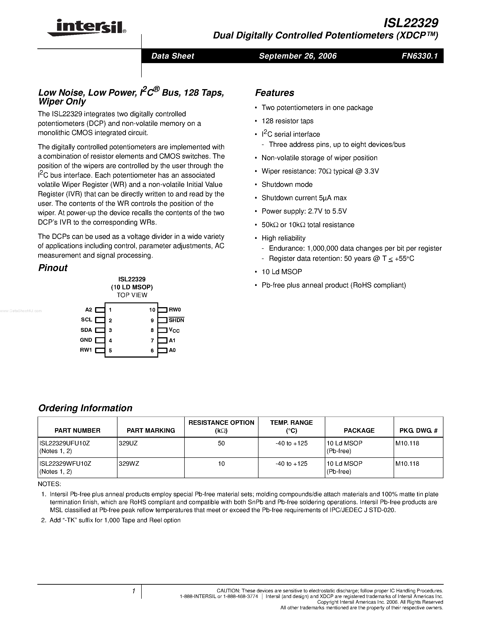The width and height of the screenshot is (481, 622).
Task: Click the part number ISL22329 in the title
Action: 411,23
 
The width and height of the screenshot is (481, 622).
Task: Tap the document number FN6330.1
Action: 419,56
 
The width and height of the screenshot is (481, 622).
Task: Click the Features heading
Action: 274,93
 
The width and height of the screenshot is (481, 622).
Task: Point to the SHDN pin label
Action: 176,320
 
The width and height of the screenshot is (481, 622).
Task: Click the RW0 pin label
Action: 175,310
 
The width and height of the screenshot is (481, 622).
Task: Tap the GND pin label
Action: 86,340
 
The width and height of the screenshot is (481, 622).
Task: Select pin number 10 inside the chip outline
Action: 152,310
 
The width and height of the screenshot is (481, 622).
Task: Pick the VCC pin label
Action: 174,330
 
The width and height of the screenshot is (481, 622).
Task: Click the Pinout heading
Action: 53,268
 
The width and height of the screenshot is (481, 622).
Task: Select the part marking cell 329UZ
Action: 128,443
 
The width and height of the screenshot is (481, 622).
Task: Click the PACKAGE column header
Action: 359,430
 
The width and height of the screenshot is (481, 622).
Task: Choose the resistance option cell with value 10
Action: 221,463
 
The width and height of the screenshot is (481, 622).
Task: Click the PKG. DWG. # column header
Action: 418,430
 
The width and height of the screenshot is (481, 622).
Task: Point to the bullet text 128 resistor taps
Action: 287,121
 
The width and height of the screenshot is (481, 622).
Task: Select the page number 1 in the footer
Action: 133,591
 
